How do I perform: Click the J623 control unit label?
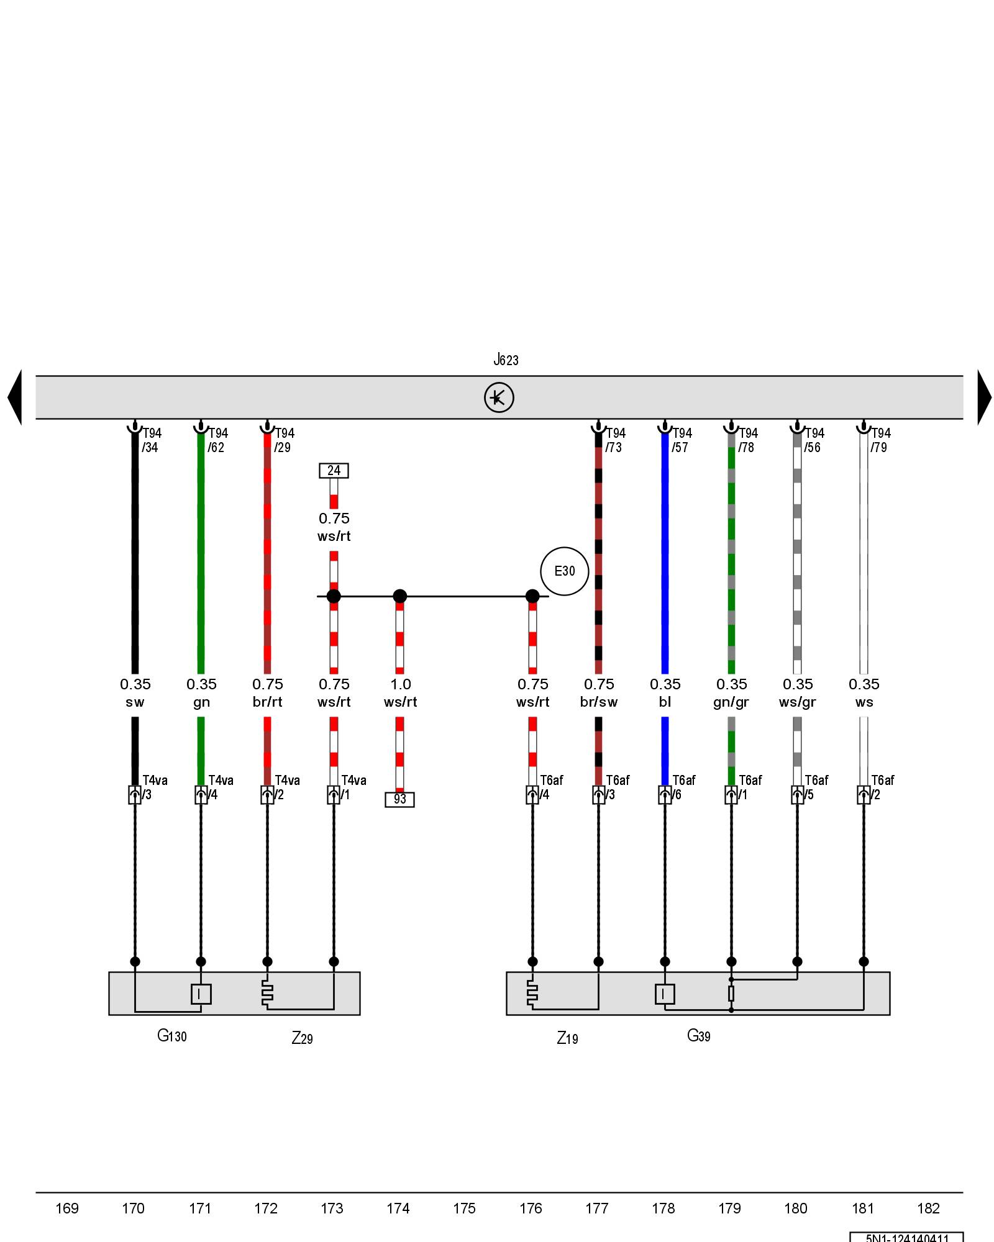(506, 360)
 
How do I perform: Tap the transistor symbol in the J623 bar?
(499, 397)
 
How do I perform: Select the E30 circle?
(564, 571)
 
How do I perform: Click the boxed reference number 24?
(334, 471)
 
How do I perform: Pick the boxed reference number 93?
(399, 799)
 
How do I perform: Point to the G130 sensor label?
(171, 1035)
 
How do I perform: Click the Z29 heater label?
(302, 1038)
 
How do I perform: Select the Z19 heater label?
(567, 1038)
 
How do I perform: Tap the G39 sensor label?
(698, 1035)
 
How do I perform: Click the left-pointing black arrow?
(15, 397)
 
